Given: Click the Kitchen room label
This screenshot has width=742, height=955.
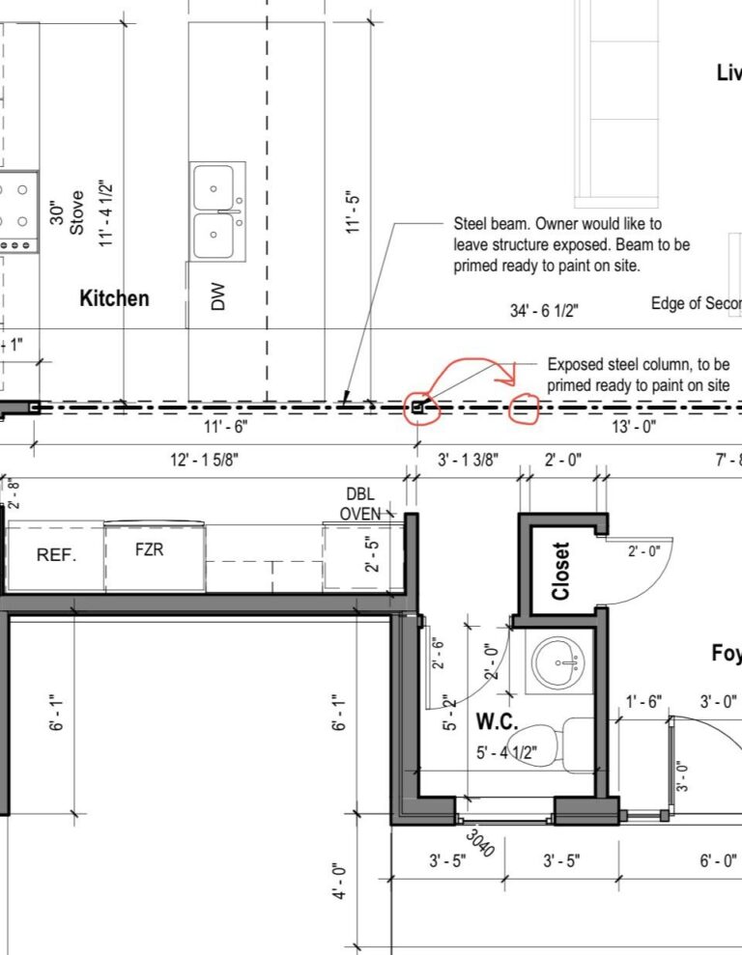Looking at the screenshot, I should tap(114, 298).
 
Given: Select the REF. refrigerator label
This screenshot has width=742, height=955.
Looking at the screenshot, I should tap(56, 555).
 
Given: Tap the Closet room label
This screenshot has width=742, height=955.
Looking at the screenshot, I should tap(560, 570).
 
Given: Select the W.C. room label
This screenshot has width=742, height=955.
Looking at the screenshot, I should tap(498, 721).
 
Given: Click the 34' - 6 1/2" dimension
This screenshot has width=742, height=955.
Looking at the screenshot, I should tap(544, 311).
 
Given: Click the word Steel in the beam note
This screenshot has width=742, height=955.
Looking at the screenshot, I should tap(472, 223).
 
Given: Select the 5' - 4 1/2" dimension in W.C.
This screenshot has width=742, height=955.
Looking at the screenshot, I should tap(506, 753).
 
